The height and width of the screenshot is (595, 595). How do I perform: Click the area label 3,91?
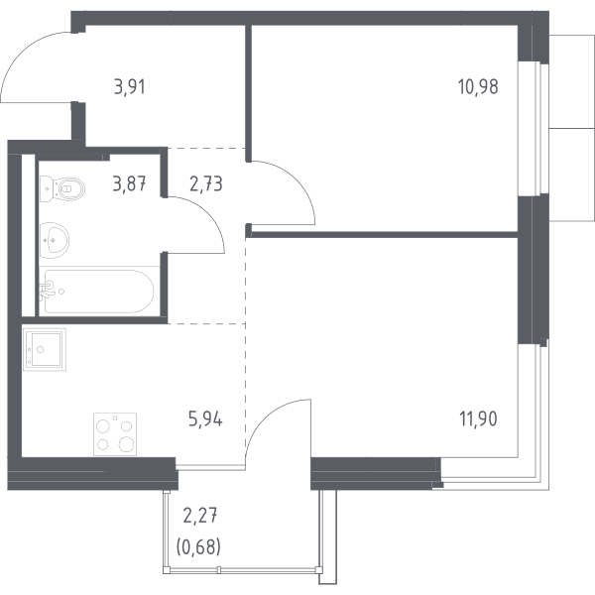(130, 87)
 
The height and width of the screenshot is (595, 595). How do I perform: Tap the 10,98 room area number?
(478, 87)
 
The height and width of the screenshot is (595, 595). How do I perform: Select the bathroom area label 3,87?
(130, 184)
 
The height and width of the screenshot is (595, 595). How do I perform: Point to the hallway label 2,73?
(205, 184)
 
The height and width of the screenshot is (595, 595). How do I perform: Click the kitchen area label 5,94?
(205, 419)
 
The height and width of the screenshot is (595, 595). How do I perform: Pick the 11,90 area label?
(478, 419)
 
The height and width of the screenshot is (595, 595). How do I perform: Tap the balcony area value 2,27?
(200, 516)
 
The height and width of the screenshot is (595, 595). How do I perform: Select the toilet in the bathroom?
(62, 188)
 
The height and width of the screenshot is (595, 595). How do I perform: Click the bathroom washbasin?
(54, 240)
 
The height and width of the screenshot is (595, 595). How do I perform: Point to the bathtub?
(98, 291)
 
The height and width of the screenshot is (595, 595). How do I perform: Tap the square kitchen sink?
(45, 349)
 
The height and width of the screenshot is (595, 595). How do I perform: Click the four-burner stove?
(115, 434)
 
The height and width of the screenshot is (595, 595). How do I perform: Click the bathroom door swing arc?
(207, 214)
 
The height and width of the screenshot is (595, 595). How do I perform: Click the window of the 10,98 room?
(534, 128)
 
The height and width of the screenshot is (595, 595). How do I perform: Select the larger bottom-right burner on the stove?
(126, 443)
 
